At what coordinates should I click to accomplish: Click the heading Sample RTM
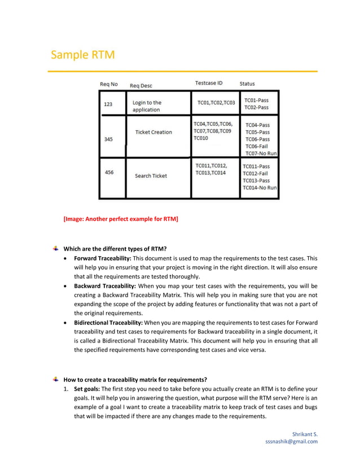(82, 55)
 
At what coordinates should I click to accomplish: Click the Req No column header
(109, 84)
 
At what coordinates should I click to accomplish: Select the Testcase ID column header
(208, 83)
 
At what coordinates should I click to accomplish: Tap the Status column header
(247, 84)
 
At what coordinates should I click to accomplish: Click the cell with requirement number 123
(108, 104)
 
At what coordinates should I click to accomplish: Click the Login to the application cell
(147, 106)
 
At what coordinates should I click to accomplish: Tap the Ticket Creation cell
(153, 132)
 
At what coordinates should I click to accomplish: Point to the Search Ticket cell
(151, 176)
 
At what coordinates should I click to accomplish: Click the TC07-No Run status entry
(260, 153)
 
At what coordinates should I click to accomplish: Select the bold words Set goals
(86, 389)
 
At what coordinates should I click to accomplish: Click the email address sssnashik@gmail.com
(291, 442)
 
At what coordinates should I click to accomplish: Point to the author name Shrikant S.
(305, 434)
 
